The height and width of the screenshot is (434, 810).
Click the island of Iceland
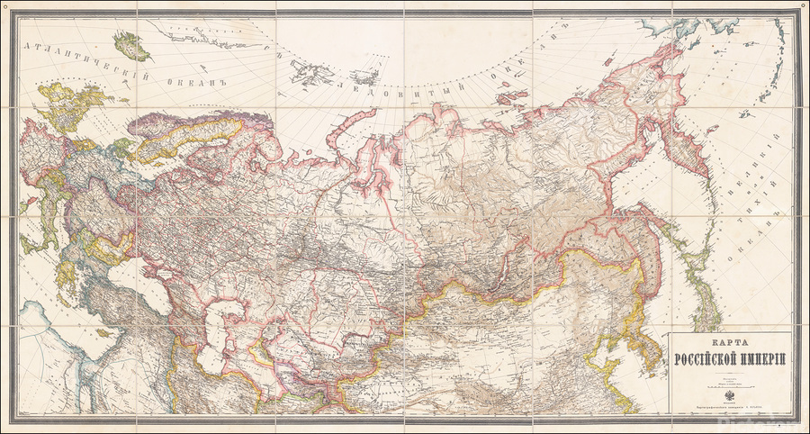pyautogui.click(x=131, y=45)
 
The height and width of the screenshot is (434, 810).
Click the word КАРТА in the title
pyautogui.click(x=730, y=343)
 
